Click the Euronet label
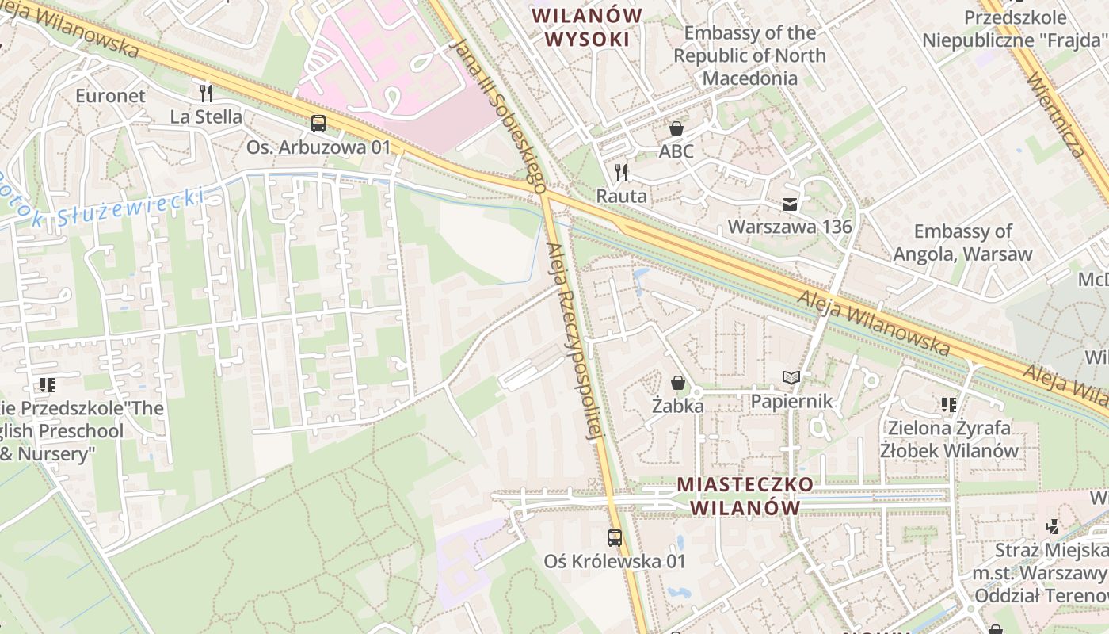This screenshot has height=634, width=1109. pos(110,96)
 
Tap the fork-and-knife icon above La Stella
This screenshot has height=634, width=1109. pos(206,94)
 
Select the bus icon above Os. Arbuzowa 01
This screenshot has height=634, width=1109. pos(318,124)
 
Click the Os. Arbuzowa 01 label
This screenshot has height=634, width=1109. pos(318,147)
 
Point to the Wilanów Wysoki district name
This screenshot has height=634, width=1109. pos(586,28)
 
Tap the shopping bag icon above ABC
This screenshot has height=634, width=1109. pos(676,128)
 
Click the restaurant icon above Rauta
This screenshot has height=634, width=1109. pos(621,173)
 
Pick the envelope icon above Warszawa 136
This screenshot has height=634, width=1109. pos(790,204)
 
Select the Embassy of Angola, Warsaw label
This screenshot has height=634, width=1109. pos(962,243)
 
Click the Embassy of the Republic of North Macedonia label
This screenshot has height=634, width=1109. pos(749,55)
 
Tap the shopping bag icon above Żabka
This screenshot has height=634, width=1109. pos(678,384)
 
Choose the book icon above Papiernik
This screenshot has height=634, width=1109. pos(791,378)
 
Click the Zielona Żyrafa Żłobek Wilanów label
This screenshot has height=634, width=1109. pos(949,439)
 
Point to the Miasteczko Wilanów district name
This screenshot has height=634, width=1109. pos(745,495)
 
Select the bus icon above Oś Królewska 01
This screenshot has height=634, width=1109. pos(614,538)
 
